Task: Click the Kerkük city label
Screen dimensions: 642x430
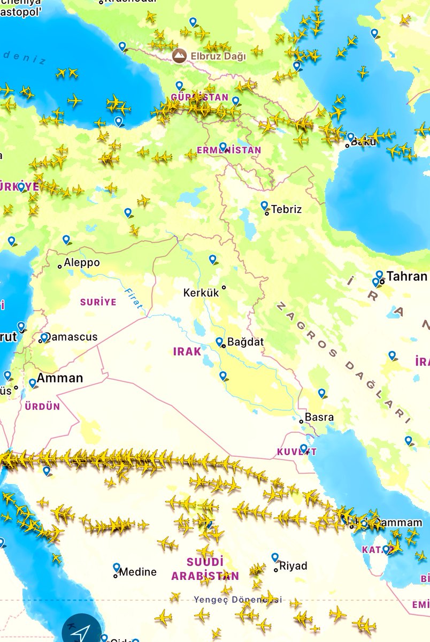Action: click(x=202, y=293)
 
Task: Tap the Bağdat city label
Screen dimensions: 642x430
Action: click(x=245, y=342)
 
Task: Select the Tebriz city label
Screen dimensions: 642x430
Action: click(x=286, y=209)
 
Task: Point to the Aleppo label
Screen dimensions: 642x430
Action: click(x=81, y=263)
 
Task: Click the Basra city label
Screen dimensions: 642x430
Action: click(x=319, y=417)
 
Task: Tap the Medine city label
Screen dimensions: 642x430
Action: click(x=137, y=572)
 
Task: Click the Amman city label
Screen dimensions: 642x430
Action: click(x=59, y=378)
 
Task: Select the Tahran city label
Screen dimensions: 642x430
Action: click(x=406, y=276)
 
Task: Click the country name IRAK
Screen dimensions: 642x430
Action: click(x=187, y=351)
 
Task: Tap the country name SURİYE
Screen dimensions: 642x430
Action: click(x=98, y=302)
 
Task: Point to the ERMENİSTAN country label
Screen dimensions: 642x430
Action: click(x=229, y=150)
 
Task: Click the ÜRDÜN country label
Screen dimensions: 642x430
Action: click(x=42, y=407)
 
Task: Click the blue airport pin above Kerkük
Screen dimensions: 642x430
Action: click(x=213, y=259)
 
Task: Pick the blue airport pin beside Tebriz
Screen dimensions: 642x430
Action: click(x=264, y=205)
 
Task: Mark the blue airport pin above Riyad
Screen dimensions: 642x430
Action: click(x=275, y=557)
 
